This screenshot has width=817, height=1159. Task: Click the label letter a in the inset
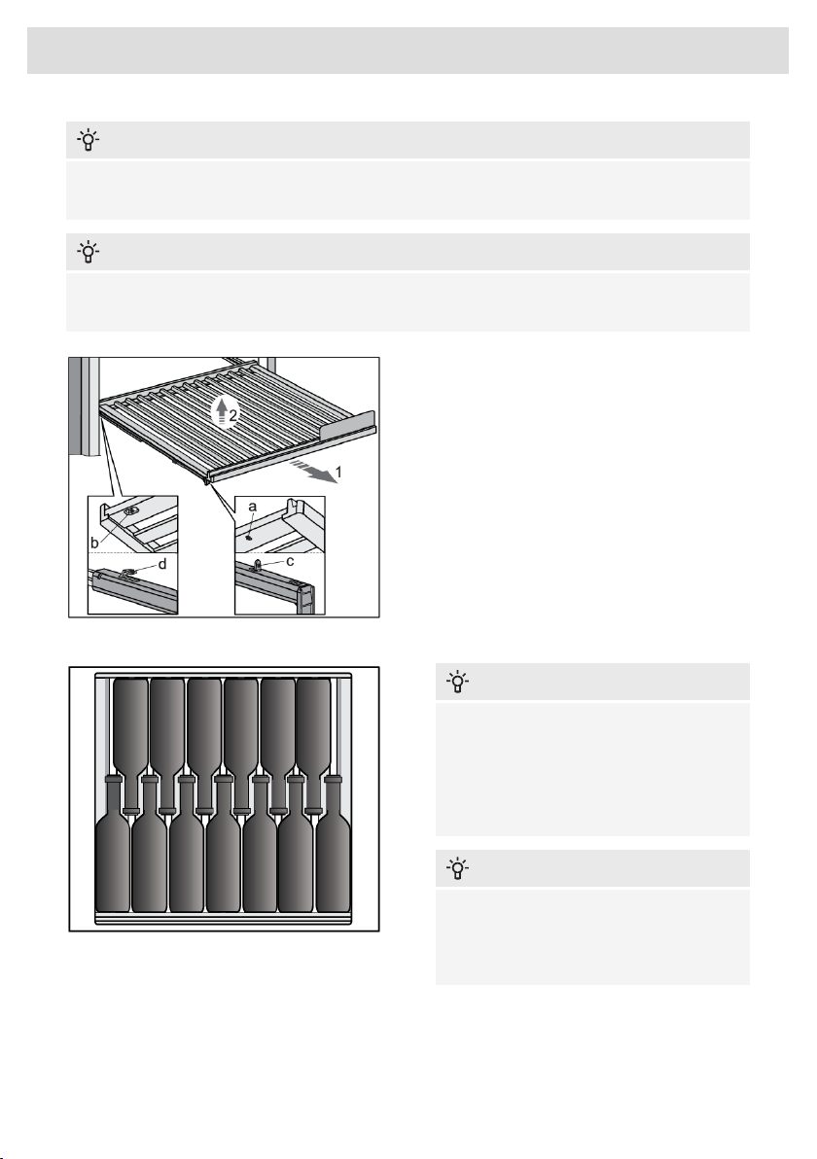point(252,507)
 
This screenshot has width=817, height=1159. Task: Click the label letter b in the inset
point(94,543)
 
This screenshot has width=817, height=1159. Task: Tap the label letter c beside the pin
point(290,562)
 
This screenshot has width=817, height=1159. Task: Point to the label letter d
point(162,564)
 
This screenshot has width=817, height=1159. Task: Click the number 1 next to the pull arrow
point(338,472)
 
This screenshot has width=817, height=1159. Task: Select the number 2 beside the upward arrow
point(232,416)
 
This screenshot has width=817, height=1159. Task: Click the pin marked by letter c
point(258,566)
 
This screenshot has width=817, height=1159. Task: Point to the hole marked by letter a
point(249,538)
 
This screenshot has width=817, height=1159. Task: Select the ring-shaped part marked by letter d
point(127,572)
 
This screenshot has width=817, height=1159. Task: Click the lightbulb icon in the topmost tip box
point(88,140)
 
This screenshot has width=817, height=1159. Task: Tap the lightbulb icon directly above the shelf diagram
point(88,252)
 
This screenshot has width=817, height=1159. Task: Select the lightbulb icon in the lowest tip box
point(458,867)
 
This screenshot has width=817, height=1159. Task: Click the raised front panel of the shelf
point(347,424)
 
